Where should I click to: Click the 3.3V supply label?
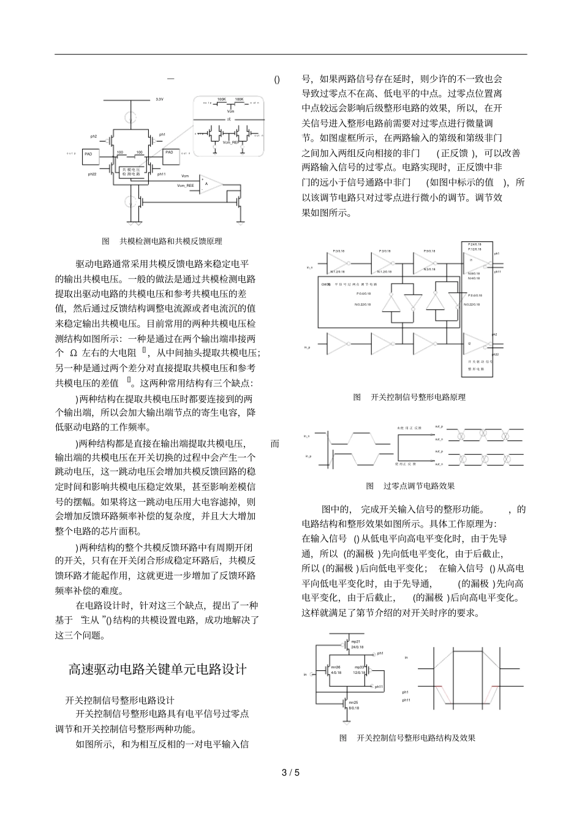pos(159,99)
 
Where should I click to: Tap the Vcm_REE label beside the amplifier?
pos(185,184)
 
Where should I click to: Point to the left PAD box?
pos(89,153)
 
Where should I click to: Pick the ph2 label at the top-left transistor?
pos(93,136)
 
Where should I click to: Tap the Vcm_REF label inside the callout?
pos(230,142)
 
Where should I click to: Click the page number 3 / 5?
pos(290,773)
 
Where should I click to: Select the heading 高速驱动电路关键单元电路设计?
pos(157,668)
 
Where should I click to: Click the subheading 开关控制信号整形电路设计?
pos(120,700)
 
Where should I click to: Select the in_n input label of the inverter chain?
pos(309,268)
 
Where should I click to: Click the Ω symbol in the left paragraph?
pos(73,353)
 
